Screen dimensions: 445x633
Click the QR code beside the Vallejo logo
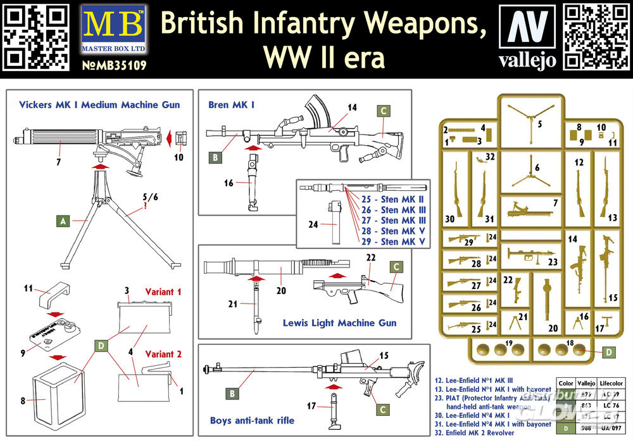[595, 35]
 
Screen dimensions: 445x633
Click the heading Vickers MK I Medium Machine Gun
[99, 105]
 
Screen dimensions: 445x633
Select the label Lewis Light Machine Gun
[340, 323]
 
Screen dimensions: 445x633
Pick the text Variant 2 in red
[163, 354]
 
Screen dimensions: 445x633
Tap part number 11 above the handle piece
[28, 288]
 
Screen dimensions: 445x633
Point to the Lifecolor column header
[610, 383]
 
